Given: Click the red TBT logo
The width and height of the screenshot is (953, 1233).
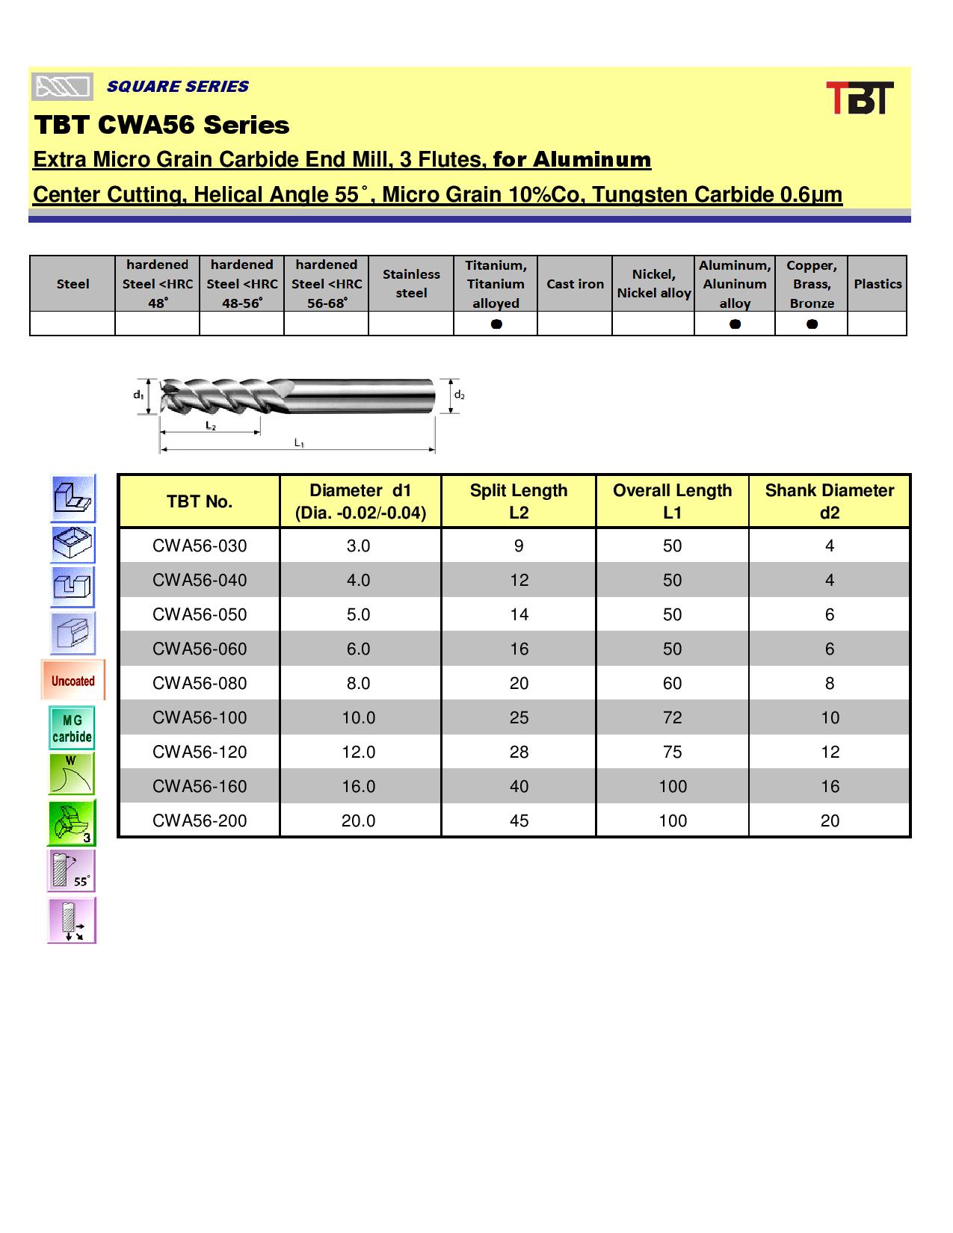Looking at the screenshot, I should click(x=860, y=98).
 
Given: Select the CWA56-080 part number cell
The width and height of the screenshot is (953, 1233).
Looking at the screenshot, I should click(x=200, y=683).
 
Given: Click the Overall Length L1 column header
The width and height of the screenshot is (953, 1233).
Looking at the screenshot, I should click(x=672, y=501).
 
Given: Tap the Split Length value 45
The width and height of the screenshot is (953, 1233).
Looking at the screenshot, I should click(x=519, y=821).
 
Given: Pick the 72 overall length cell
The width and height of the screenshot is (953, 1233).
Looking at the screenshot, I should click(x=672, y=717).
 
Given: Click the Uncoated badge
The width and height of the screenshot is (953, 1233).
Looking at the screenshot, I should click(x=73, y=681).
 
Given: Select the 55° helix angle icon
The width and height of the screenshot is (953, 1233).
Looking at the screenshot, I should click(x=73, y=871).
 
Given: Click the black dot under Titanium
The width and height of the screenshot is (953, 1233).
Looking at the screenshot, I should click(x=496, y=324).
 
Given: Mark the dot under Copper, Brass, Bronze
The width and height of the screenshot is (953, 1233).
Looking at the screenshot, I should click(x=812, y=324).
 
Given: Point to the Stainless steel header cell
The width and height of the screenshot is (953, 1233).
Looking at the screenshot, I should click(x=411, y=284).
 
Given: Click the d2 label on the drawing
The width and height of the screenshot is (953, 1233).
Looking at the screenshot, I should click(x=459, y=395).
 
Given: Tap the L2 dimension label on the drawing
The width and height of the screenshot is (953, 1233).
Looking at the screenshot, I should click(x=211, y=425).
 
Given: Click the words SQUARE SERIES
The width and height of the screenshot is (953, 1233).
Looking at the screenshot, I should click(x=178, y=87).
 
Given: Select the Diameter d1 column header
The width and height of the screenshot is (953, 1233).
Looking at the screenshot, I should click(x=360, y=501).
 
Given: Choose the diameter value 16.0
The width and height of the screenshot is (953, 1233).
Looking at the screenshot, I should click(x=358, y=786).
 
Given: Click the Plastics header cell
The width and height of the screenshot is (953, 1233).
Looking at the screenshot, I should click(x=878, y=284).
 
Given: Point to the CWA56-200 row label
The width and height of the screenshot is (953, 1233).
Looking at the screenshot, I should click(x=200, y=821).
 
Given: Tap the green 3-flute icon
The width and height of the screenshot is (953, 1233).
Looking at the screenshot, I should click(x=73, y=823).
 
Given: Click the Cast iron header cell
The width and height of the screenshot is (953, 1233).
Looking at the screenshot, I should click(x=575, y=284).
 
